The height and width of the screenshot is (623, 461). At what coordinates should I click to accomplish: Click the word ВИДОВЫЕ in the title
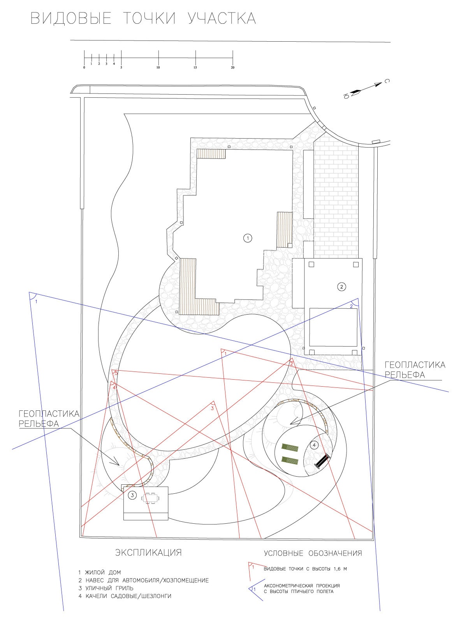click(71, 19)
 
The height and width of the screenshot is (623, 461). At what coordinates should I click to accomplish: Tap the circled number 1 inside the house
click(248, 238)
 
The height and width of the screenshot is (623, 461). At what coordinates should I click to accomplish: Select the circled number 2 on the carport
click(341, 287)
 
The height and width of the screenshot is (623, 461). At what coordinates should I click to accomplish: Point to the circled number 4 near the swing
click(314, 445)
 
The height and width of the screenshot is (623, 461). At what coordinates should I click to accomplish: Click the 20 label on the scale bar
click(232, 67)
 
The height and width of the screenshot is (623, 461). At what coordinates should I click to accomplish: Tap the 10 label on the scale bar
click(158, 67)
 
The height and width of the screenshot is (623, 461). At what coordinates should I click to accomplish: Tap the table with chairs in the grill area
click(150, 498)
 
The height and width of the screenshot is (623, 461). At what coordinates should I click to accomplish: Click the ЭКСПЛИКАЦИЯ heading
click(148, 553)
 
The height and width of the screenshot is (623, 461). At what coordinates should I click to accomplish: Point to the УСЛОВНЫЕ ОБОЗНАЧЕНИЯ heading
click(313, 553)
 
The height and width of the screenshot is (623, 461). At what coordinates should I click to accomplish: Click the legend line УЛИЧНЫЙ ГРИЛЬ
click(106, 588)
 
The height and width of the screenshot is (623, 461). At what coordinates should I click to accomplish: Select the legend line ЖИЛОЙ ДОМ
click(99, 572)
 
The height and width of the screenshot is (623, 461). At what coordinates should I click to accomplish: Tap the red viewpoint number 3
click(212, 408)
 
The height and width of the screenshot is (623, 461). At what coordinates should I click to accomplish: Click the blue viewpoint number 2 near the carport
click(351, 306)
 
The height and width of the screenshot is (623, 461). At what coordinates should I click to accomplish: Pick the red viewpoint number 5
click(116, 373)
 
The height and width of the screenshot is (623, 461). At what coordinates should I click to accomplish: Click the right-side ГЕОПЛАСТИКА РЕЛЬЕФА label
click(415, 370)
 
